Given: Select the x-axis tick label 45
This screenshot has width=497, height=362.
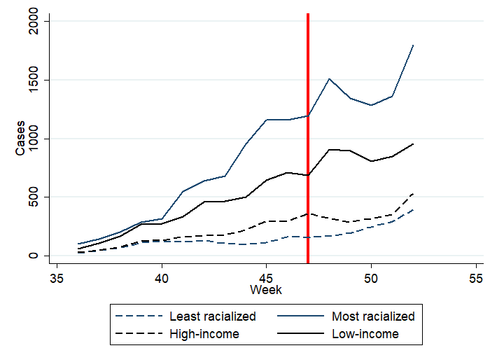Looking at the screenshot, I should [x=267, y=278].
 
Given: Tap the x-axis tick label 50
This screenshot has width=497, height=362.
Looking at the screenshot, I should [x=371, y=278].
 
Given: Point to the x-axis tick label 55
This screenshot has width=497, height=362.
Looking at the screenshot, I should [x=476, y=278].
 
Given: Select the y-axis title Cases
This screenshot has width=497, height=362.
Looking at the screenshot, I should [x=20, y=139].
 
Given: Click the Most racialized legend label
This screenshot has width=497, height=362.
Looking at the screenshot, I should [x=372, y=316].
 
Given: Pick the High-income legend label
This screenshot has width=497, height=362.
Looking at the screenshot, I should [x=204, y=334].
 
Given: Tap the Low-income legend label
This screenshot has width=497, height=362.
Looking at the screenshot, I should [x=365, y=334].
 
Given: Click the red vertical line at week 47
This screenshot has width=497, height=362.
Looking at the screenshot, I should [x=308, y=140].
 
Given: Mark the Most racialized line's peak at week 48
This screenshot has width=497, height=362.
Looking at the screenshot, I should [x=329, y=79].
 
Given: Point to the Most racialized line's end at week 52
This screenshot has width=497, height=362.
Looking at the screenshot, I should [x=413, y=46].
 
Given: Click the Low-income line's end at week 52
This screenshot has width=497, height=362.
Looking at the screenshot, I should [x=413, y=144].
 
